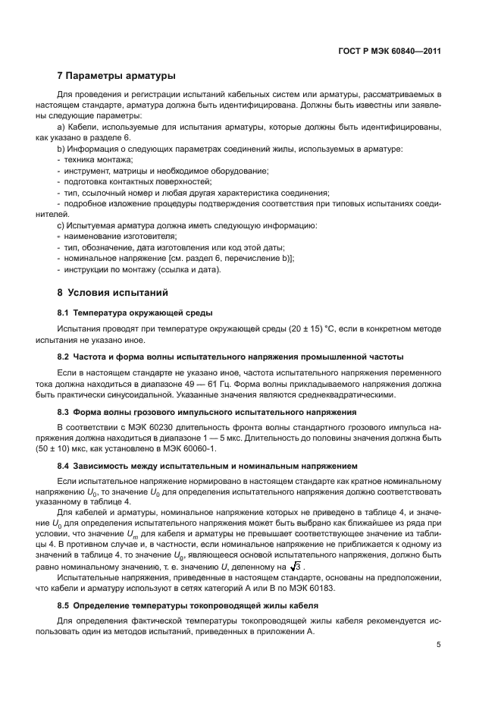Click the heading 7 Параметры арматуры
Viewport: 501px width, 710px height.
117,76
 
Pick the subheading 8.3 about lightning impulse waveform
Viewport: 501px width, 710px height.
207,413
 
